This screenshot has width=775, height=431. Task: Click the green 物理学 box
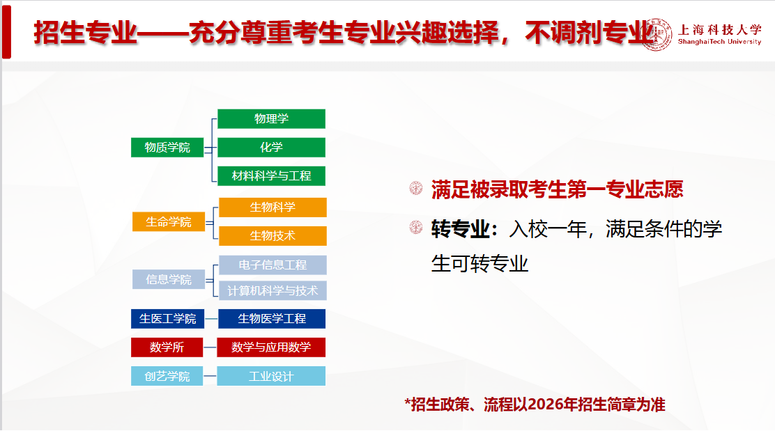(x=271, y=118)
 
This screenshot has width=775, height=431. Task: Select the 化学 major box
(x=271, y=147)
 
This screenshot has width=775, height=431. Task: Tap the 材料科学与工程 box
(x=271, y=175)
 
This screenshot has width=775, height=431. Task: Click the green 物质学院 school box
(x=167, y=147)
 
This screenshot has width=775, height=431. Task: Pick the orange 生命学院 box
(x=169, y=221)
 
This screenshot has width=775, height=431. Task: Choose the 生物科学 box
(x=273, y=207)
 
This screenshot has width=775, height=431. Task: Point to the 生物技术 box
(x=273, y=236)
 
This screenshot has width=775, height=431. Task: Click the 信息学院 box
(x=169, y=279)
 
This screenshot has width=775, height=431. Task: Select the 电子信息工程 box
(x=273, y=265)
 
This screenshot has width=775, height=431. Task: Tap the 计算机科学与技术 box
(x=273, y=291)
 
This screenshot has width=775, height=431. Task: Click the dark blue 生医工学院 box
(x=167, y=319)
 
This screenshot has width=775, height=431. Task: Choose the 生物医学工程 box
(x=272, y=319)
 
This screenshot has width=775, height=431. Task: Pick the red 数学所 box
(x=167, y=347)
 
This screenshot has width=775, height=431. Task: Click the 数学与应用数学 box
(x=271, y=347)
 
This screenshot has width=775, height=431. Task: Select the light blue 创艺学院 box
(x=167, y=376)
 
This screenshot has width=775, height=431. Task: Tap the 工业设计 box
(x=271, y=376)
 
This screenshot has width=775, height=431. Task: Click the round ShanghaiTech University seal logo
(x=657, y=35)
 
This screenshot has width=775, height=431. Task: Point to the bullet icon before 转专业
(x=416, y=228)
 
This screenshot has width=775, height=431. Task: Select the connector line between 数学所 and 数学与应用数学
(x=210, y=347)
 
